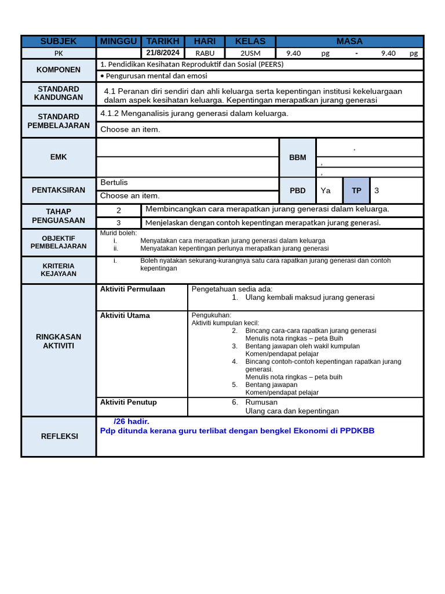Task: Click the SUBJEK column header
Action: click(x=59, y=41)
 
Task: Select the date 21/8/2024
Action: click(x=163, y=53)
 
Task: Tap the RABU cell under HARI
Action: click(x=205, y=53)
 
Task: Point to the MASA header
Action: click(x=349, y=41)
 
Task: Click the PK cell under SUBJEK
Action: click(x=59, y=53)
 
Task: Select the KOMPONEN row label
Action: click(x=59, y=70)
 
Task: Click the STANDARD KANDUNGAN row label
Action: click(x=59, y=93)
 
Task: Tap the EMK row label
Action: click(x=59, y=157)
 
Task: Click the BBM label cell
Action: click(x=298, y=157)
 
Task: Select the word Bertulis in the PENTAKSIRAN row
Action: click(x=114, y=183)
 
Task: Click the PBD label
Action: click(x=298, y=190)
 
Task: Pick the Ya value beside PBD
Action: click(x=326, y=190)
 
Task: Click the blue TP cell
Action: click(x=356, y=190)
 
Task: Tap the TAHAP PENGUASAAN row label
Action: click(x=59, y=216)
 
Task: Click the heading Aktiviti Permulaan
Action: click(x=133, y=289)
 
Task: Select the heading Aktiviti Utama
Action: click(x=125, y=316)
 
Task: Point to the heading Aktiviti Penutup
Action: click(x=129, y=402)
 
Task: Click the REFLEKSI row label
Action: click(x=59, y=436)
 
